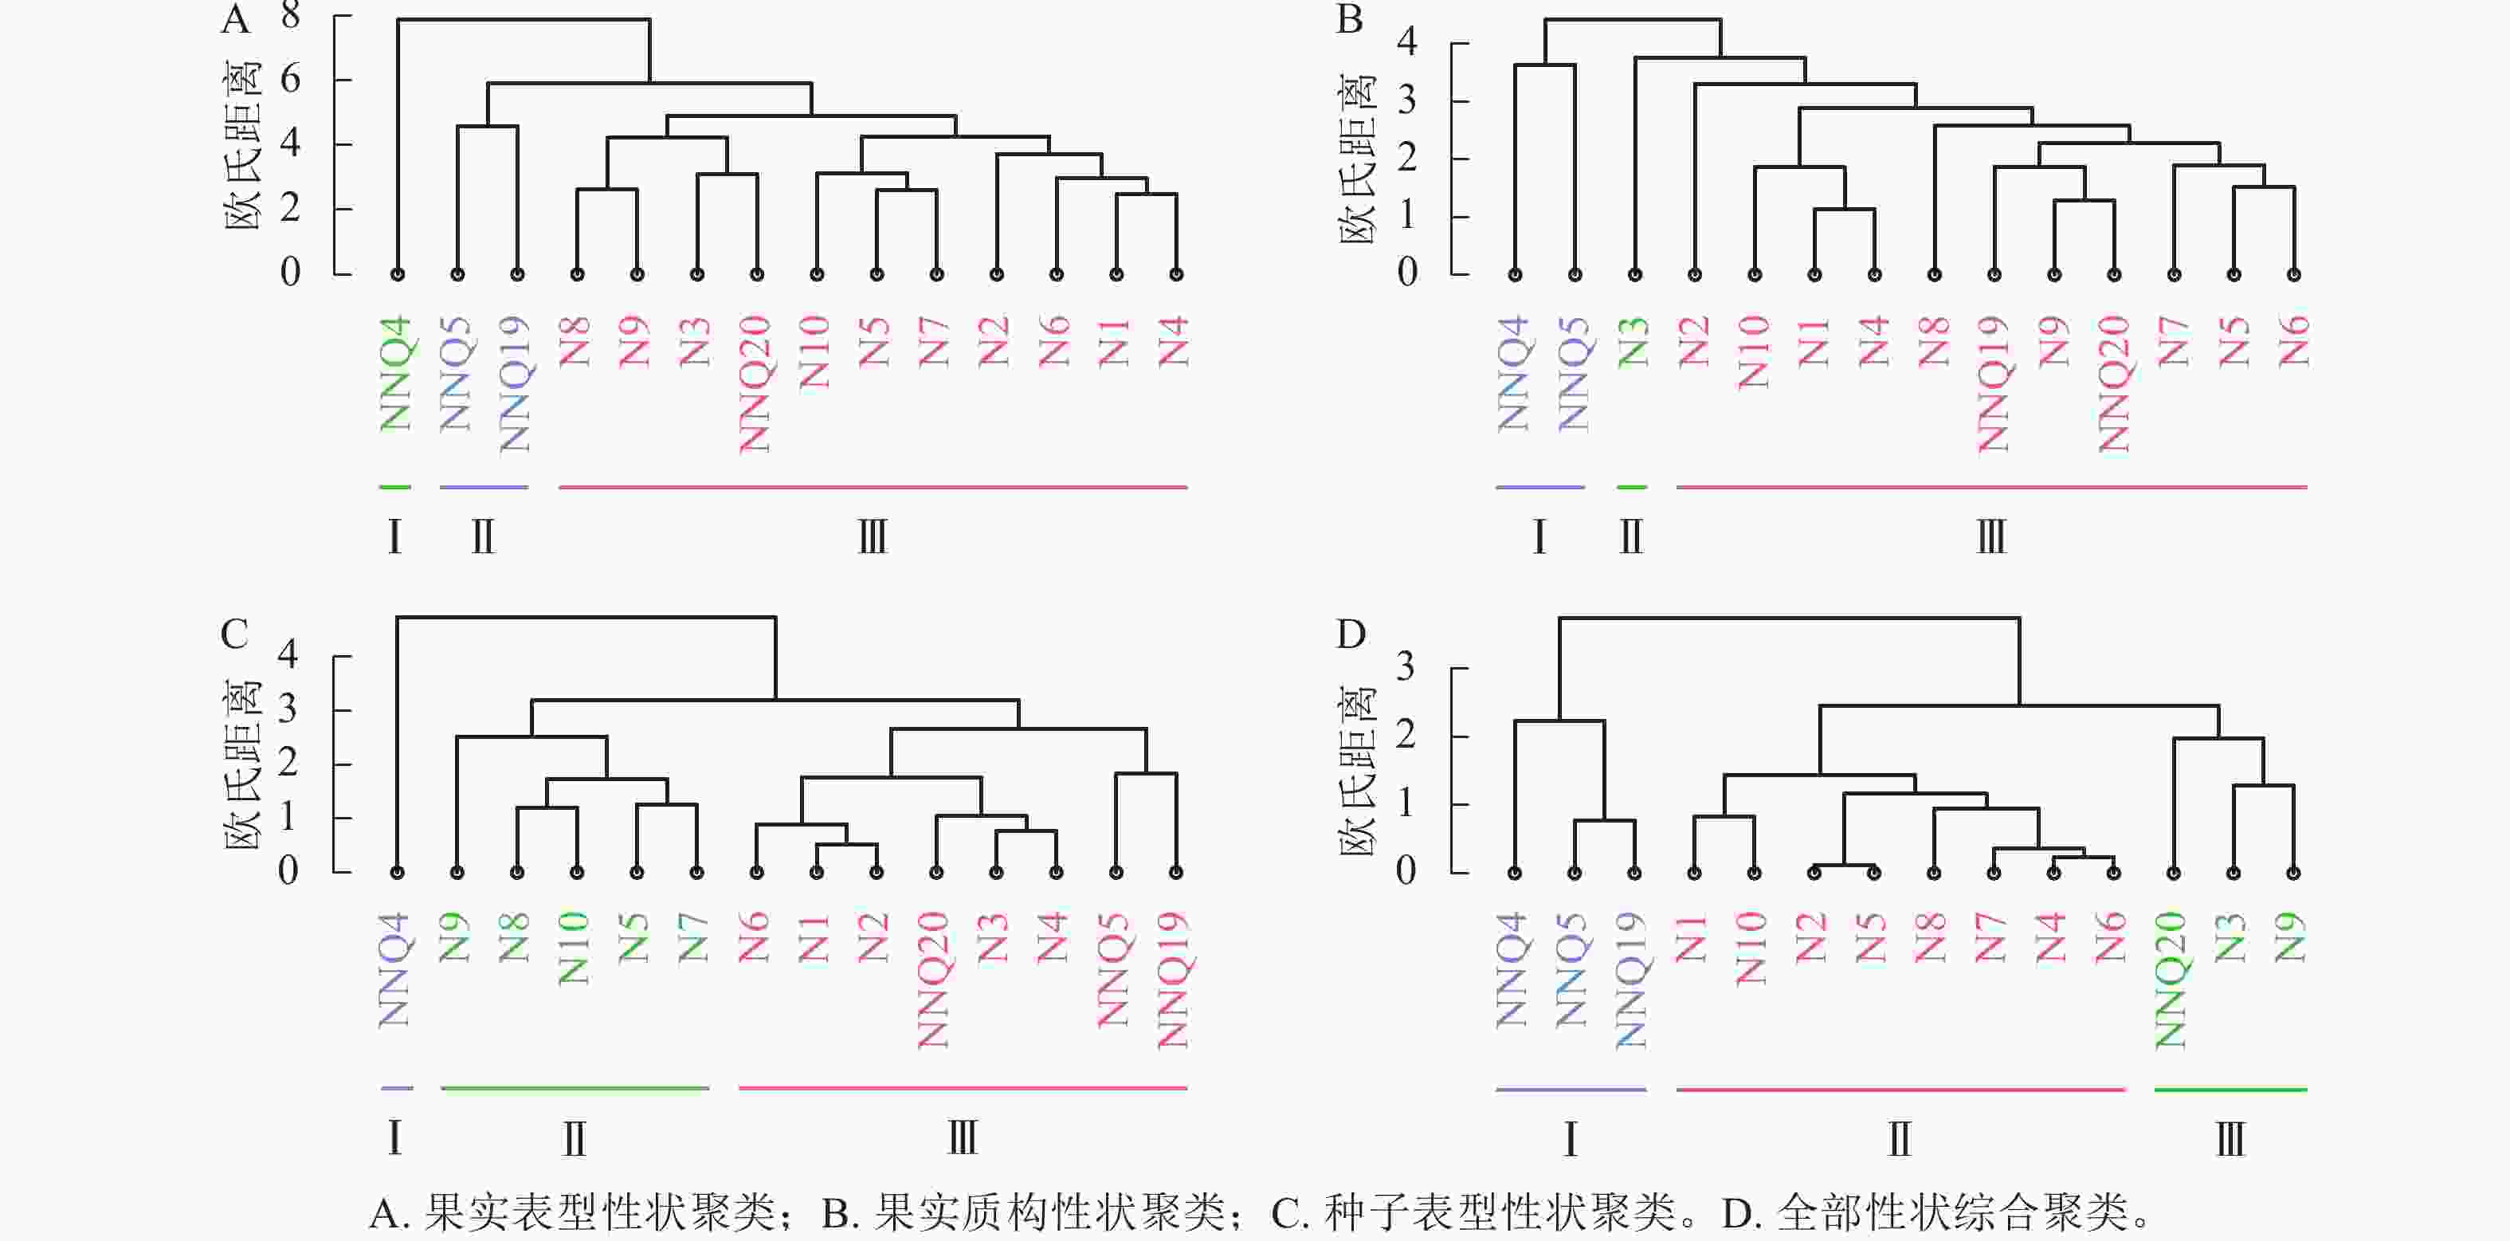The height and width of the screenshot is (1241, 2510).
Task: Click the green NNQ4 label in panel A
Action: pos(395,373)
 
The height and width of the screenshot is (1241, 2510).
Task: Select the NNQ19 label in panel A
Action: pos(515,384)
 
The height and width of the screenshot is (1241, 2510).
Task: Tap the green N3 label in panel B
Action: pos(1634,342)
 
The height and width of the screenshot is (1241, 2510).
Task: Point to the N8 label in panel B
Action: pos(1934,342)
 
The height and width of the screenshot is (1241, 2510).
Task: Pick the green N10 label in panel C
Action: pos(575,948)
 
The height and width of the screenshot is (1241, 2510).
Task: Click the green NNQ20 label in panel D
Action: pos(2172,980)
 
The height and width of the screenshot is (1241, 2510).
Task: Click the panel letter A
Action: pos(236,19)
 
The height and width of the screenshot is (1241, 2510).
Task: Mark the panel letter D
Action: pos(1351,635)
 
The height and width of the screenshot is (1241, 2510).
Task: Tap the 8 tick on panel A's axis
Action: pos(290,16)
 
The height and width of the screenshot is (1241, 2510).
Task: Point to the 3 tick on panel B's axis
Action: pos(1407,100)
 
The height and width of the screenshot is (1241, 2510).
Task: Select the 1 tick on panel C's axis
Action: pos(288,817)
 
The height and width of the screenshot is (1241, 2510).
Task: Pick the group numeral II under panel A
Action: pos(484,537)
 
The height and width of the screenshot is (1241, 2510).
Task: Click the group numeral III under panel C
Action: pos(963,1137)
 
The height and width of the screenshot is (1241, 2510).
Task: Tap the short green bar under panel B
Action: pos(1632,486)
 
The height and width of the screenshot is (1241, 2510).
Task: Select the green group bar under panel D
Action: pos(2230,1089)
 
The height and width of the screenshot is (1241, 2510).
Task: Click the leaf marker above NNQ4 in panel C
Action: pos(397,873)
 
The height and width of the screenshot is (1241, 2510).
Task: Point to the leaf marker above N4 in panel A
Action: pos(1176,275)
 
